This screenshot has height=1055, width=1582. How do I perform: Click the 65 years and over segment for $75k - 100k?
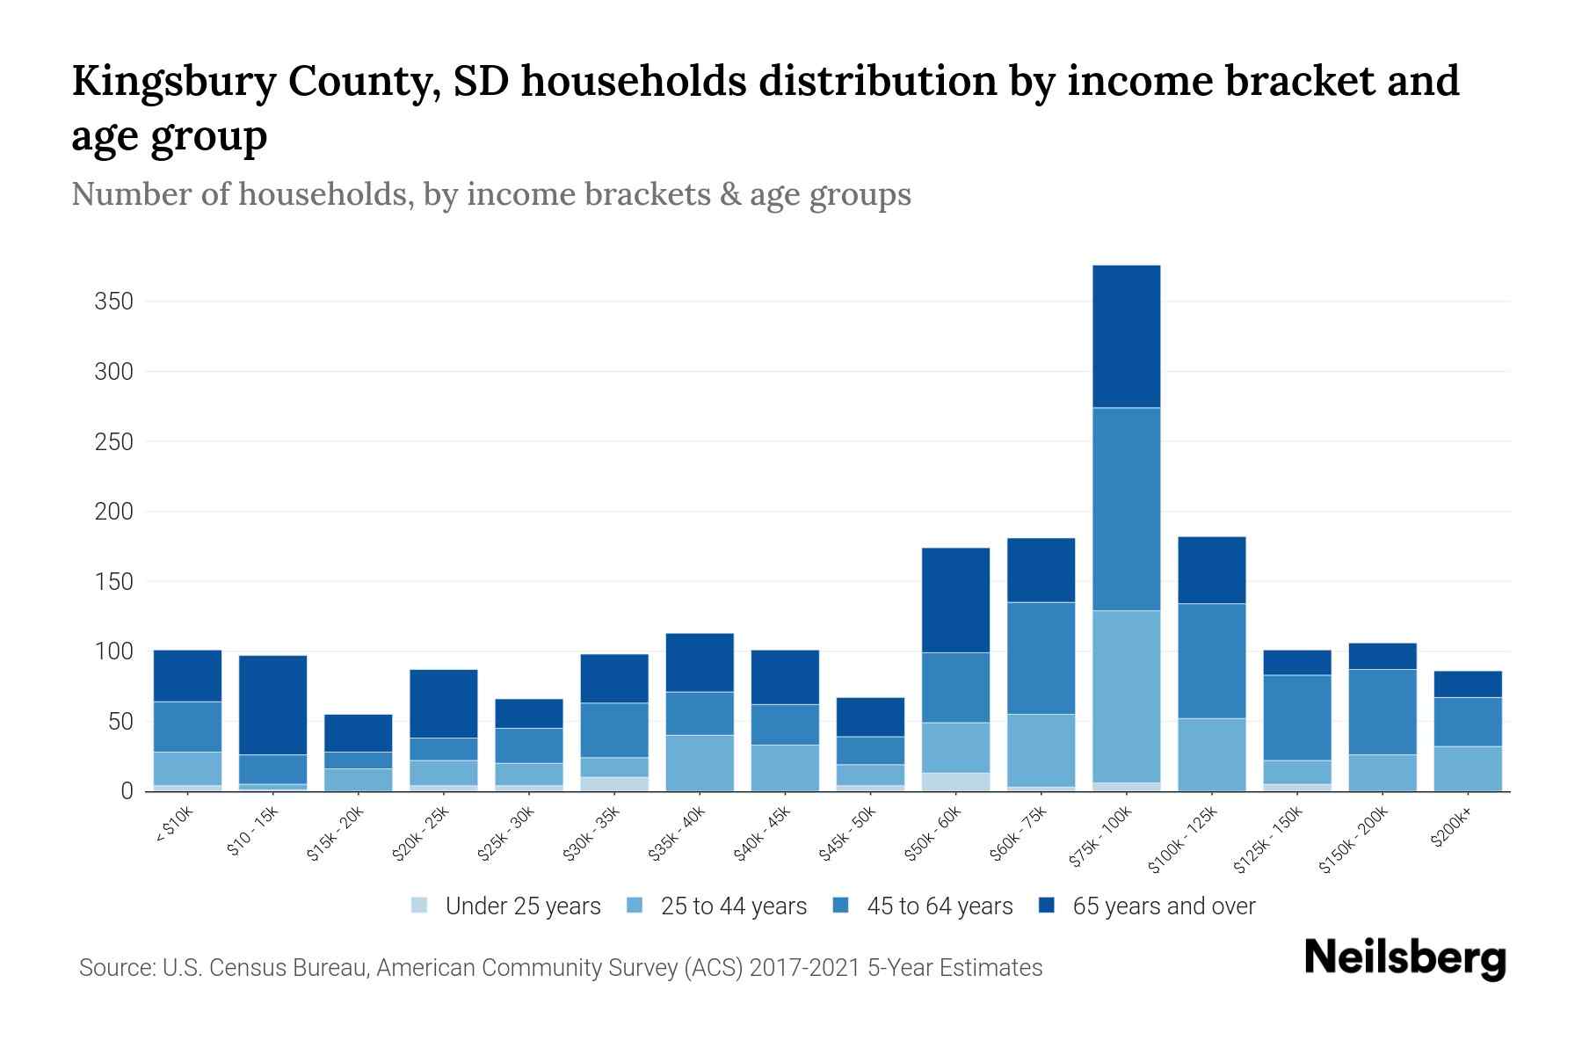(1126, 336)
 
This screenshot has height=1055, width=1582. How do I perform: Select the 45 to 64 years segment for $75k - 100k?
(1126, 508)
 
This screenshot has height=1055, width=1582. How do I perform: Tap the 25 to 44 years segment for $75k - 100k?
(1126, 695)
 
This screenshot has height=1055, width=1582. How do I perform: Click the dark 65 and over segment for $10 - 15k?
(272, 704)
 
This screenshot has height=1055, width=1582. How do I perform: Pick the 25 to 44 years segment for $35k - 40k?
(700, 762)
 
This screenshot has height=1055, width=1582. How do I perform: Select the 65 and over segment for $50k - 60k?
(955, 600)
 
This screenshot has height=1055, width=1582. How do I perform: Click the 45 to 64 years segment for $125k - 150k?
(1296, 717)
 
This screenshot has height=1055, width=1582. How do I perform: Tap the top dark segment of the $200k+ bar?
(1467, 684)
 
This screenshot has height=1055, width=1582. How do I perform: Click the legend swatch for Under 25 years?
(420, 906)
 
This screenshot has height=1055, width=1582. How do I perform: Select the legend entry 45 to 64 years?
(939, 906)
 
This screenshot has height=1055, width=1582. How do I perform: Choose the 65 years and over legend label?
(1163, 906)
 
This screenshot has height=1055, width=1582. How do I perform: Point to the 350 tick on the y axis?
(113, 302)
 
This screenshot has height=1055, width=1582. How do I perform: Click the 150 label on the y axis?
(113, 582)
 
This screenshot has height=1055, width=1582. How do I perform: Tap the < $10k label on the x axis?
(175, 826)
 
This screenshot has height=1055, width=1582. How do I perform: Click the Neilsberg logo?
(1404, 958)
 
